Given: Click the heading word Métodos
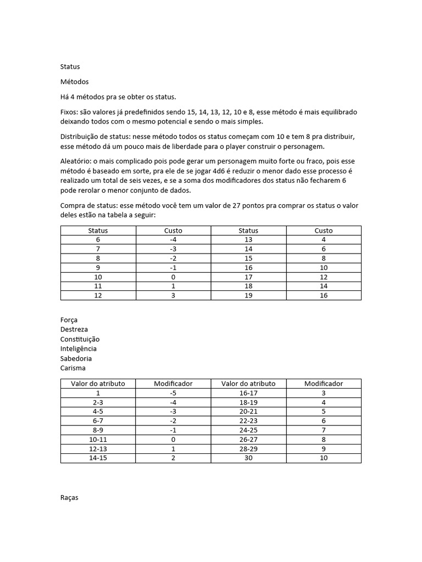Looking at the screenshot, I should click(74, 82).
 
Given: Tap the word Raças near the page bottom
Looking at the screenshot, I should click(69, 498).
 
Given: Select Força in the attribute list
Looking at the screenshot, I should click(69, 319).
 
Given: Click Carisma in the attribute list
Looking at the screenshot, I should click(73, 368).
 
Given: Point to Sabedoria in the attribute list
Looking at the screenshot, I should click(76, 358).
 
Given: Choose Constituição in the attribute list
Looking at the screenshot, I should click(80, 339).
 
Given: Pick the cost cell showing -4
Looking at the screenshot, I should click(173, 240).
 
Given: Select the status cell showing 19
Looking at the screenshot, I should click(248, 296).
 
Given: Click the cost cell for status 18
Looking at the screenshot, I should click(324, 286).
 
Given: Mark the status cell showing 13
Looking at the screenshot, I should click(248, 240).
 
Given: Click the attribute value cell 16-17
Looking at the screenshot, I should click(248, 393).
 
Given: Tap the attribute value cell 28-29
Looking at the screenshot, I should click(248, 449).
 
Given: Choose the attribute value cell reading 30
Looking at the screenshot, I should click(248, 458).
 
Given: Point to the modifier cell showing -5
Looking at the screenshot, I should click(173, 393).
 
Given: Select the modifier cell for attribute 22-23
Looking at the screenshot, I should click(324, 421).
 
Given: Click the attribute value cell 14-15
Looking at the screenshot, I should click(98, 458).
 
